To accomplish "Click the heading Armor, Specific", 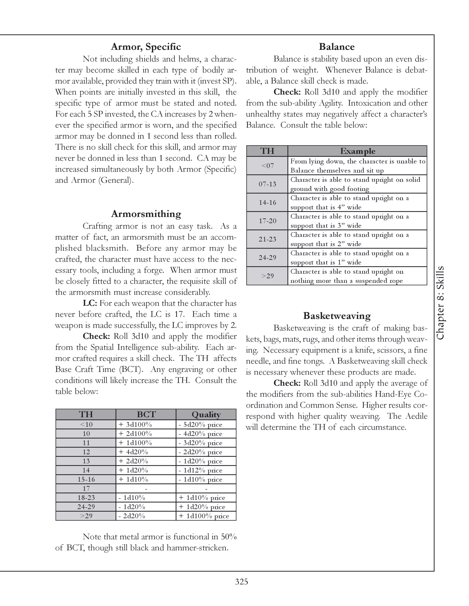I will pos(146,47).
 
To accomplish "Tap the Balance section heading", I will pos(336,47).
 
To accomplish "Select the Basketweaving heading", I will pos(336,316).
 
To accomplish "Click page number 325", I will pos(241,582).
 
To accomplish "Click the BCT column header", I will pos(146,414).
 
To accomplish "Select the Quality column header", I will pos(206,414).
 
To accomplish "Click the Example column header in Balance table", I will pos(357,151).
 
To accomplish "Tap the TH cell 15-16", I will pos(86,479).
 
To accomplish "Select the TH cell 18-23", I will pos(86,498).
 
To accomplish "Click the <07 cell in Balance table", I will pos(267,166).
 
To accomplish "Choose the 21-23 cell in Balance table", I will pos(267,239).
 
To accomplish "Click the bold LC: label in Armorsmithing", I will pos(90,303).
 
